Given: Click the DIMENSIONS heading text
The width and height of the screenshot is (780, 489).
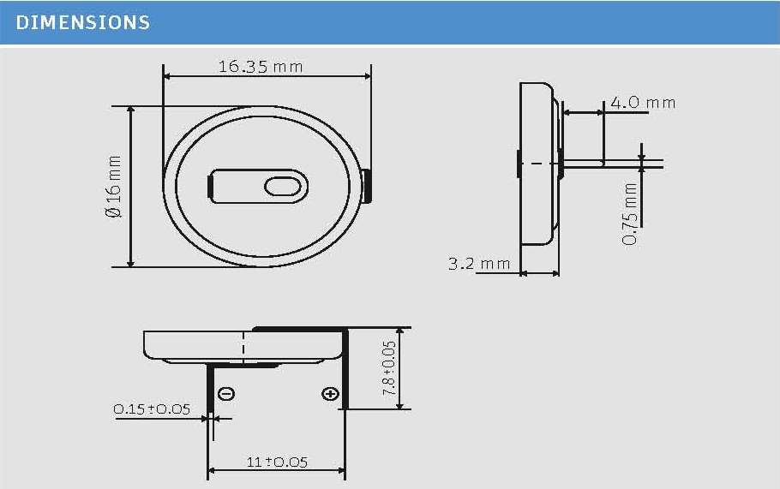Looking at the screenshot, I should pyautogui.click(x=83, y=23).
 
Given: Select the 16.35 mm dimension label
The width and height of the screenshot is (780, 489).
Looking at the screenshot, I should pyautogui.click(x=260, y=66).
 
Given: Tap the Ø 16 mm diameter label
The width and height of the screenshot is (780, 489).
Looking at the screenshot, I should pyautogui.click(x=114, y=186).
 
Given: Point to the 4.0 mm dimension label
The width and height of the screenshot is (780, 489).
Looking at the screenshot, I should pyautogui.click(x=641, y=103).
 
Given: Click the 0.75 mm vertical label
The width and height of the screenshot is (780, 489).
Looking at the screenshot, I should pyautogui.click(x=631, y=213).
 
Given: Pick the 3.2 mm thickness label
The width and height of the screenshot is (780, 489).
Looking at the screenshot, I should pyautogui.click(x=478, y=264).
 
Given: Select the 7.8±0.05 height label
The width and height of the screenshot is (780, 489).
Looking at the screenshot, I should pyautogui.click(x=389, y=368).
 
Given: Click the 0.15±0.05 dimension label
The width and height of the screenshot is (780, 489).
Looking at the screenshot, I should pyautogui.click(x=152, y=409).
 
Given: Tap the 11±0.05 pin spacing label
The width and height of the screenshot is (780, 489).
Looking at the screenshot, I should pyautogui.click(x=277, y=462).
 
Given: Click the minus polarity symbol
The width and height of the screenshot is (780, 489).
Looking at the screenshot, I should pyautogui.click(x=227, y=394).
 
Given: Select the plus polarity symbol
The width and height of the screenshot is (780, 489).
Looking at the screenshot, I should pyautogui.click(x=329, y=394).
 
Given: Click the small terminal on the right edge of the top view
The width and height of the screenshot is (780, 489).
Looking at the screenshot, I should pyautogui.click(x=367, y=186).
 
